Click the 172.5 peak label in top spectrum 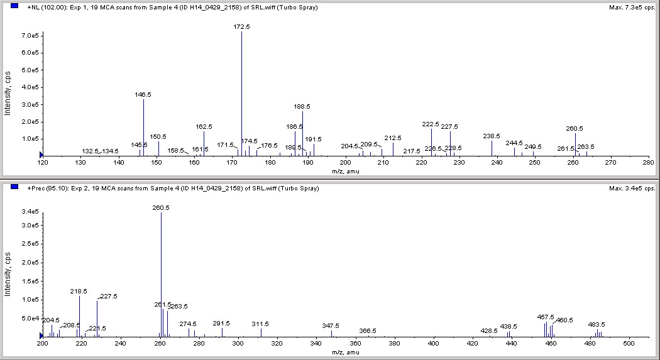click(242, 27)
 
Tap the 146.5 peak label click(143, 94)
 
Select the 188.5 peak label click(302, 107)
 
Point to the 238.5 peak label click(492, 136)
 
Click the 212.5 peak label click(393, 138)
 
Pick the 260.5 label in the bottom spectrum click(161, 207)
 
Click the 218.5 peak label click(79, 292)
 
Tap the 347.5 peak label click(331, 326)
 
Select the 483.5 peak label click(597, 325)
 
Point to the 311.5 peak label click(260, 324)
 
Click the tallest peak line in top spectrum click(242, 94)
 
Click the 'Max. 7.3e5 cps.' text click(632, 8)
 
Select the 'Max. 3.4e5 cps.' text click(632, 188)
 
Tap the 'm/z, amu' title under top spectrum click(345, 170)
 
